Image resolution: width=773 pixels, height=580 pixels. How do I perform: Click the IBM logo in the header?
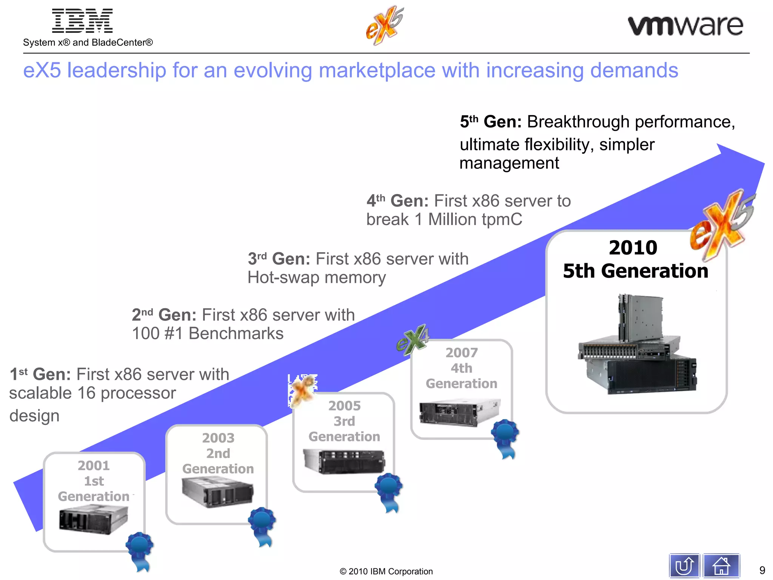tap(82, 21)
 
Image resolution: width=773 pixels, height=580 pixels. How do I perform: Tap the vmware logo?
tap(685, 26)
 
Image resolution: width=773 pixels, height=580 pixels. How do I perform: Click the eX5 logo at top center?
tap(384, 25)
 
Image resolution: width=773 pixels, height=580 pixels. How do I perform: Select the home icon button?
tap(721, 566)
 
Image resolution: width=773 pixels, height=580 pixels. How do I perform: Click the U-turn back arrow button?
tap(684, 566)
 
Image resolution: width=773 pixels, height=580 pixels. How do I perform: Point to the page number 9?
tap(762, 570)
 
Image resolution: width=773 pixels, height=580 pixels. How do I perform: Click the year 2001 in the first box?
tap(94, 466)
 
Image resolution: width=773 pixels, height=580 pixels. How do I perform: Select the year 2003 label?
tap(218, 438)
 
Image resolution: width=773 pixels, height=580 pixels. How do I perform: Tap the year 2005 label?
tap(344, 406)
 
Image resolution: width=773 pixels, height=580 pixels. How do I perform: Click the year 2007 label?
tap(461, 353)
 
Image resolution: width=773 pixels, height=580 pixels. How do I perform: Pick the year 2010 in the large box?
tap(633, 248)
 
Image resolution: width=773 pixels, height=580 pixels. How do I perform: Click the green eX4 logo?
tap(413, 339)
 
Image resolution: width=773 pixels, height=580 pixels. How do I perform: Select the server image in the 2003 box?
tap(217, 492)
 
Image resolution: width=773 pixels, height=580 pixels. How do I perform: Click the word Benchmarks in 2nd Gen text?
tap(236, 333)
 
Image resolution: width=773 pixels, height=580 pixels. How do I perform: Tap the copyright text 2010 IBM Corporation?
tap(386, 571)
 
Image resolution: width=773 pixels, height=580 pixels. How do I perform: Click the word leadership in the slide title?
tap(116, 71)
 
